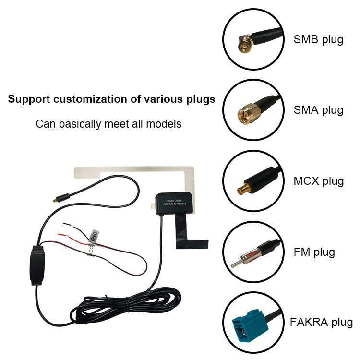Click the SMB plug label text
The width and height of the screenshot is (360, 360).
pos(318,39)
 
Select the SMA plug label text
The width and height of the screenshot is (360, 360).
pos(318,110)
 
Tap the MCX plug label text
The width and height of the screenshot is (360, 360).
pos(318,181)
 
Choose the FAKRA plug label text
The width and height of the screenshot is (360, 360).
pos(321,322)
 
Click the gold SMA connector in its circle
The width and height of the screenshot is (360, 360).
pos(247,114)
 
